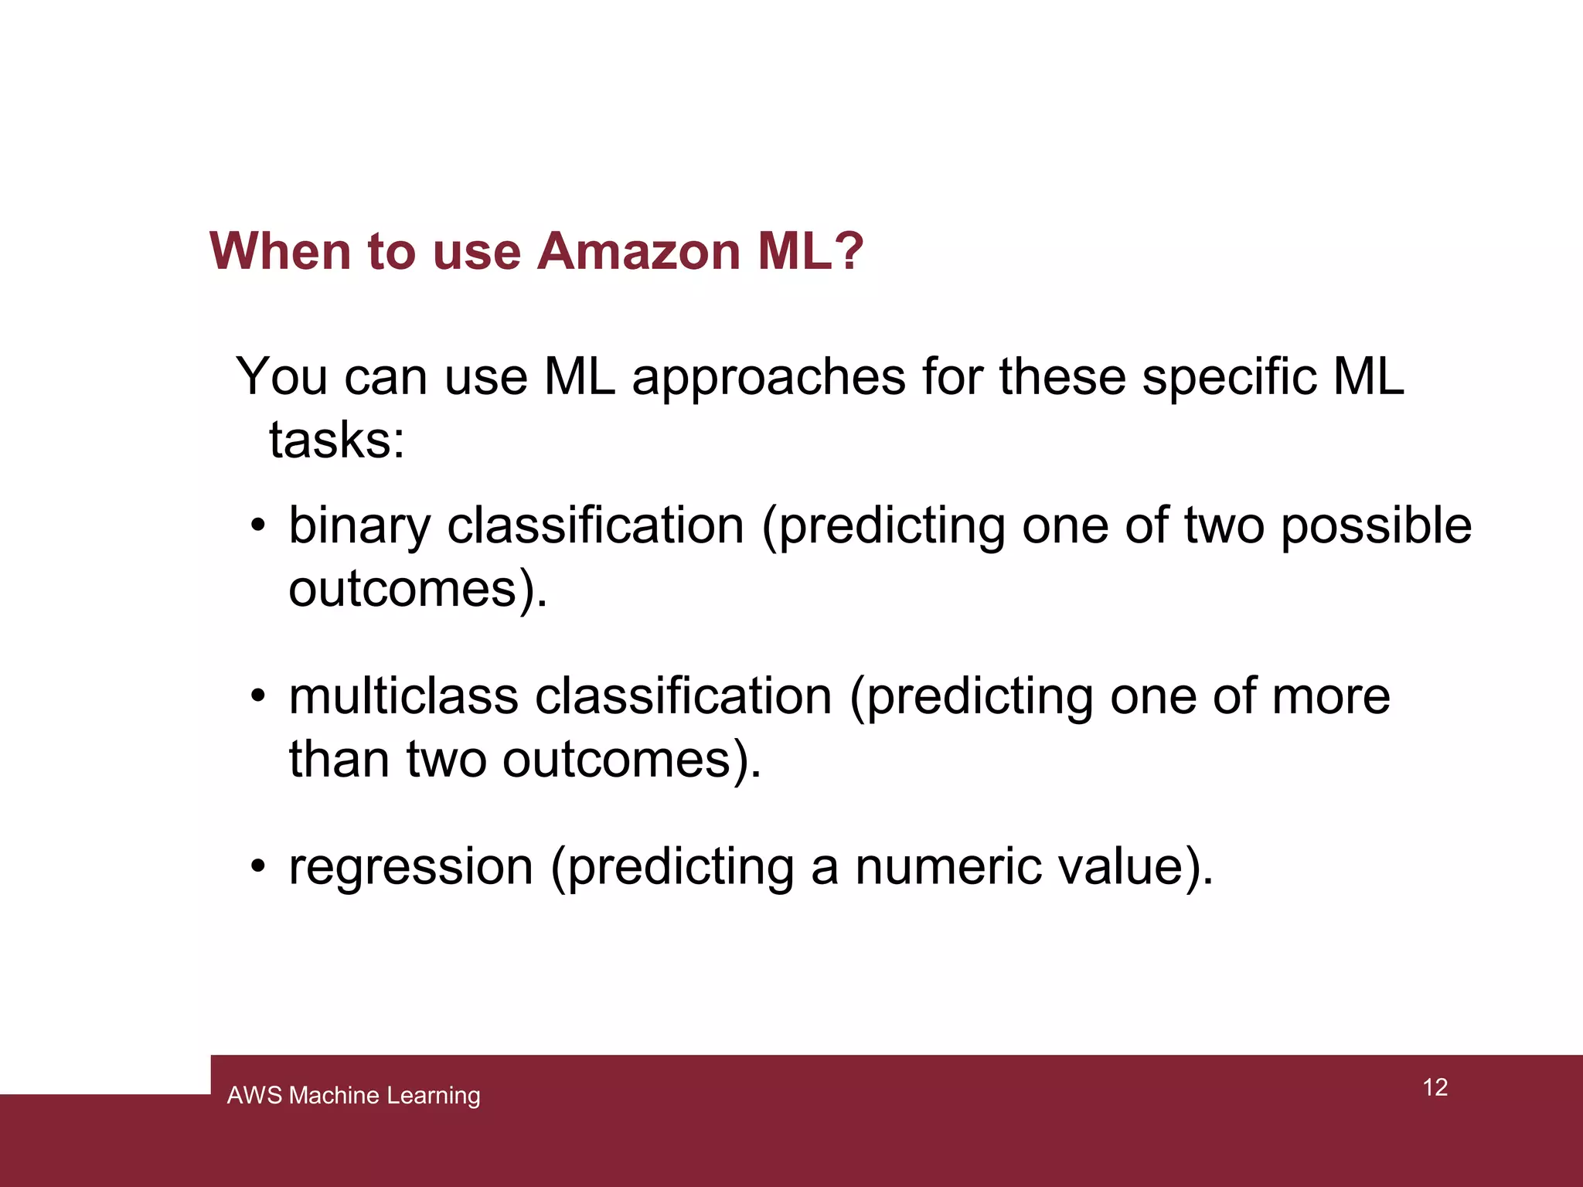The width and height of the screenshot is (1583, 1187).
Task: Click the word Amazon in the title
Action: point(638,252)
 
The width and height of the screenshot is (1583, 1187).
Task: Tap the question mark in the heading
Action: point(849,252)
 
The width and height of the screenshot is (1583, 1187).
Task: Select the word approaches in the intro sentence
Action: point(768,378)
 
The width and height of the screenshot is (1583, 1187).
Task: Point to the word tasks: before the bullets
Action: point(336,440)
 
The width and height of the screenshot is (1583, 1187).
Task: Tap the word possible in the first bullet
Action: point(1375,525)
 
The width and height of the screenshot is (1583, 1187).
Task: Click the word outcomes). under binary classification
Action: point(417,589)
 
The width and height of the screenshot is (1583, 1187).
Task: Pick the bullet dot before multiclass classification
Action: point(258,697)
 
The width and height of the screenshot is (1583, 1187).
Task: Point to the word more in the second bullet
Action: point(1330,697)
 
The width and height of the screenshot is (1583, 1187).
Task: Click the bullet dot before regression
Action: point(258,867)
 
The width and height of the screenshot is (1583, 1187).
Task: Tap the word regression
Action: point(410,867)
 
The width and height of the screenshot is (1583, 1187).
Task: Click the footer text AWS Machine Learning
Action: point(353,1095)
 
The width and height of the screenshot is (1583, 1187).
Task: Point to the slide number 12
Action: point(1435,1087)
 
